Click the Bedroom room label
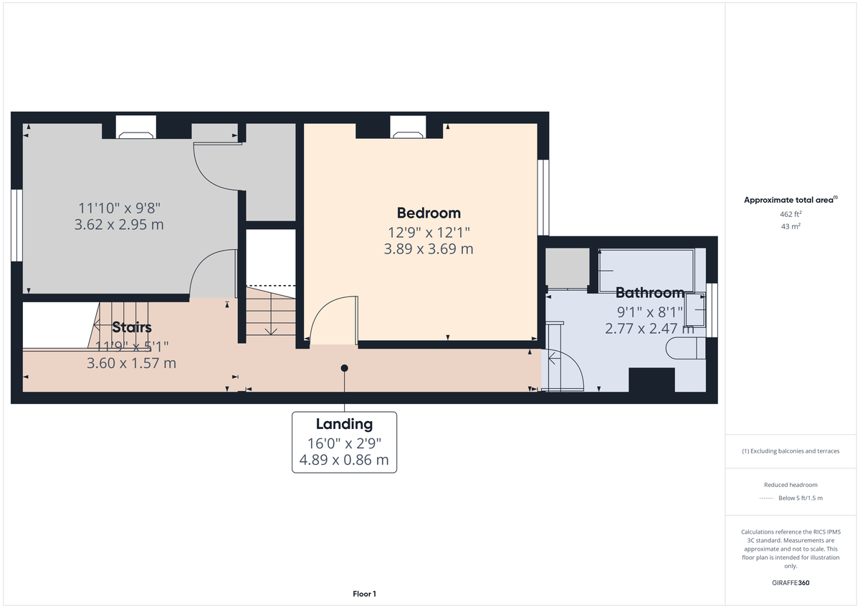[x=429, y=213]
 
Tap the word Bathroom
[x=650, y=293]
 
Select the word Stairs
[x=132, y=328]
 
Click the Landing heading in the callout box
[x=344, y=424]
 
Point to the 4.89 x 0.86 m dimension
[x=344, y=460]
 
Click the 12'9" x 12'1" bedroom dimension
[x=429, y=231]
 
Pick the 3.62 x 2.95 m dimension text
[x=119, y=225]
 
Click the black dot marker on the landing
[x=344, y=368]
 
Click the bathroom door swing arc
[x=566, y=369]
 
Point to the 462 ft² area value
[x=791, y=214]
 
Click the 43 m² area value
[x=791, y=226]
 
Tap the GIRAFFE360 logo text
[x=791, y=583]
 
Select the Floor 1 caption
[x=364, y=594]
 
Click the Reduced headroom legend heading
[x=790, y=485]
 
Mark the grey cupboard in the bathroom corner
[x=567, y=268]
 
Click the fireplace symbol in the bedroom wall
[x=408, y=131]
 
